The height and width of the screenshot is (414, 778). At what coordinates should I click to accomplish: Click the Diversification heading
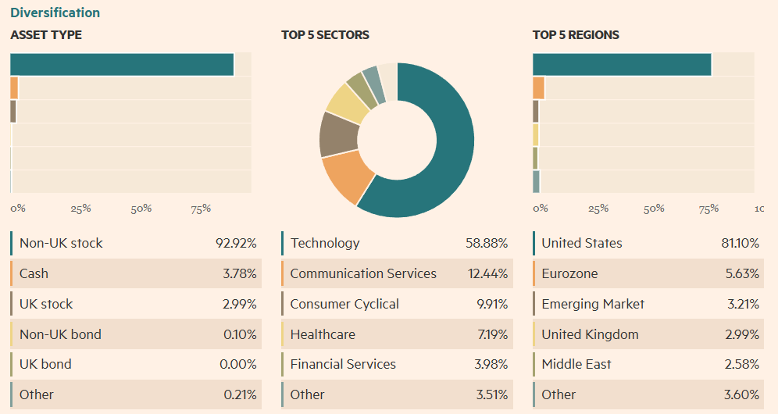click(55, 12)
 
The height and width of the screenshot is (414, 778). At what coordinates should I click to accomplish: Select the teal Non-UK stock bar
click(122, 65)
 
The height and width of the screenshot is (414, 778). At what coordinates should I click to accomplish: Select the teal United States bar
click(622, 65)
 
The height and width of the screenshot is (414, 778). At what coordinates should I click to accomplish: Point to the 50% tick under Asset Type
click(141, 209)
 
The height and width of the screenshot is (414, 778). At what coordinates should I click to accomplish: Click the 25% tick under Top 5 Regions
click(598, 209)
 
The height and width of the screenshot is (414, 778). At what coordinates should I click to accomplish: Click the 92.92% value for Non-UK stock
click(236, 243)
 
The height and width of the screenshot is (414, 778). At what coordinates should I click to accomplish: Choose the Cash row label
click(34, 273)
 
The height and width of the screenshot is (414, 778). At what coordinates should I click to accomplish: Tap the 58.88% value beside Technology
click(487, 243)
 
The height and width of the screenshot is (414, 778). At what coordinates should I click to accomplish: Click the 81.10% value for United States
click(740, 243)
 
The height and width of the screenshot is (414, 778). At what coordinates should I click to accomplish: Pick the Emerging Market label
click(593, 304)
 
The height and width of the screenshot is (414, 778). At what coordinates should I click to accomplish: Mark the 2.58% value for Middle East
click(741, 364)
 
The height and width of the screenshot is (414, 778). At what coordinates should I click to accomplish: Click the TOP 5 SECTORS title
click(325, 35)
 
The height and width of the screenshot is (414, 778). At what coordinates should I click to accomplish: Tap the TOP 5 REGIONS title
click(576, 35)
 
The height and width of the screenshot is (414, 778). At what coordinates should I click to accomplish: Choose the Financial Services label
click(343, 364)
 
